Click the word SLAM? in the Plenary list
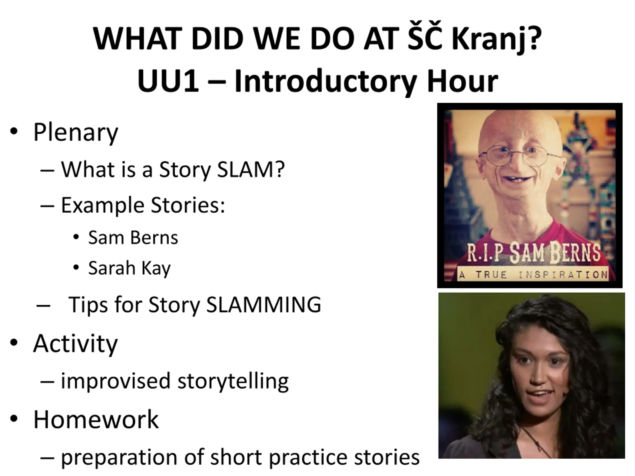(251, 169)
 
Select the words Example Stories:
(143, 206)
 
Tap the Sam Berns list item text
(133, 238)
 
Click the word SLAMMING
(263, 304)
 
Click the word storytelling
(233, 381)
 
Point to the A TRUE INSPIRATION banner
(533, 275)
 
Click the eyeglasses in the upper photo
(519, 155)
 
